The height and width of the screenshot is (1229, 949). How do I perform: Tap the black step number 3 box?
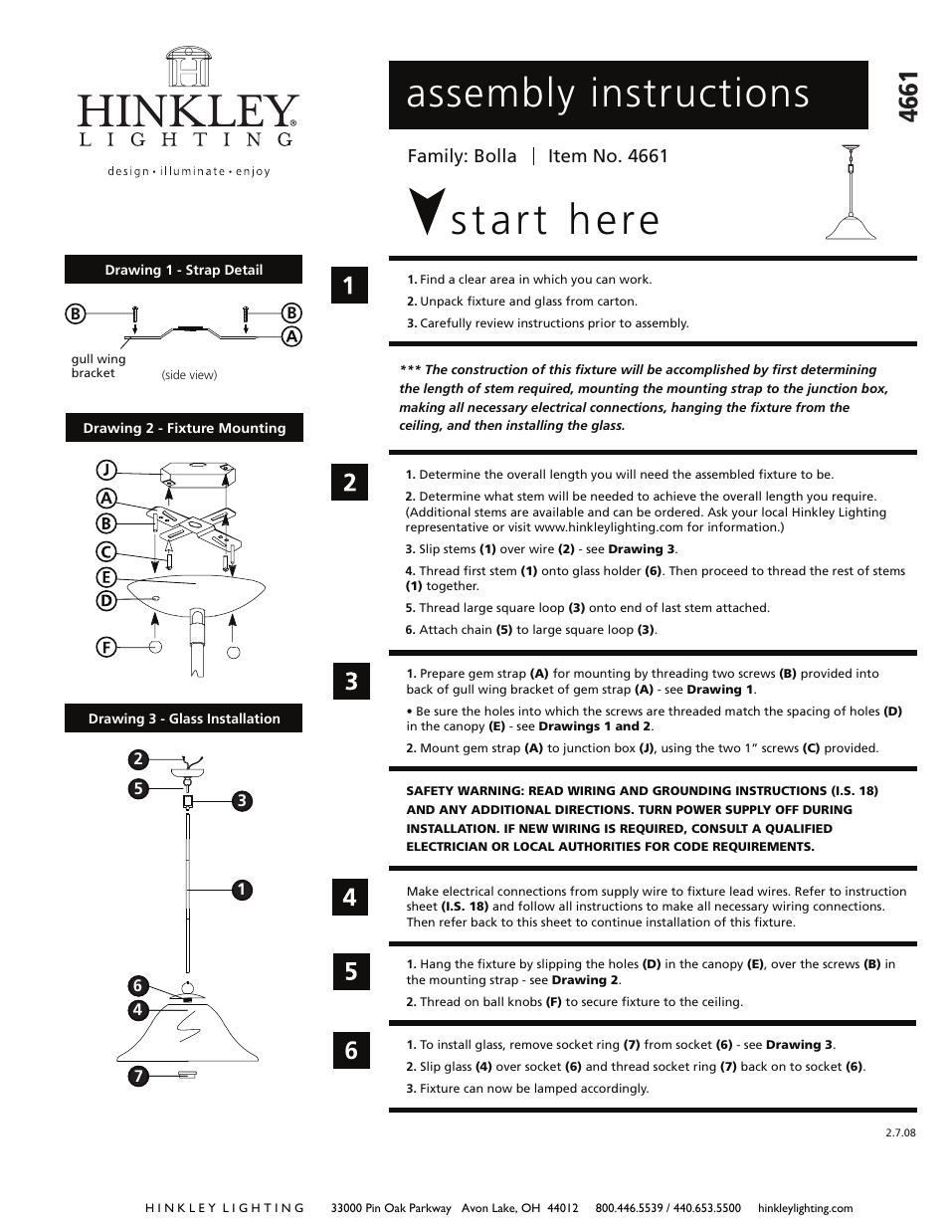(350, 682)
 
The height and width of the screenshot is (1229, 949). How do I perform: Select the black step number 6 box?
(350, 1051)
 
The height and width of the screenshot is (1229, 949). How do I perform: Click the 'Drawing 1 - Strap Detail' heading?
(183, 270)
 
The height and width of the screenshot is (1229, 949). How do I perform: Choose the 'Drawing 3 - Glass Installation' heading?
(183, 718)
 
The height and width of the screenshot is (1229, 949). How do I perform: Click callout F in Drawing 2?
(106, 647)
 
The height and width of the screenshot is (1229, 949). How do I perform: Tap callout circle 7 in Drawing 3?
(138, 1076)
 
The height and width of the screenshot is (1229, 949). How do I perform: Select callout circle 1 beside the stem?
(241, 890)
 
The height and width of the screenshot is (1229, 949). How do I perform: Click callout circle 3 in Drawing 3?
(241, 801)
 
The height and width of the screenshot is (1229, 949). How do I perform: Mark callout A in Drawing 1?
(291, 336)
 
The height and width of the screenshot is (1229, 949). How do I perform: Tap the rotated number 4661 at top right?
(908, 97)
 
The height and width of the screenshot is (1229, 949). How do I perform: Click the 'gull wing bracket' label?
(97, 366)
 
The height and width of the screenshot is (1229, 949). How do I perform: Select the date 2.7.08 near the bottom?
(899, 1132)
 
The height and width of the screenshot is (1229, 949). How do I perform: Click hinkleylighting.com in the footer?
(805, 1208)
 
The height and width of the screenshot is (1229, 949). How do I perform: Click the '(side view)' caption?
(189, 375)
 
